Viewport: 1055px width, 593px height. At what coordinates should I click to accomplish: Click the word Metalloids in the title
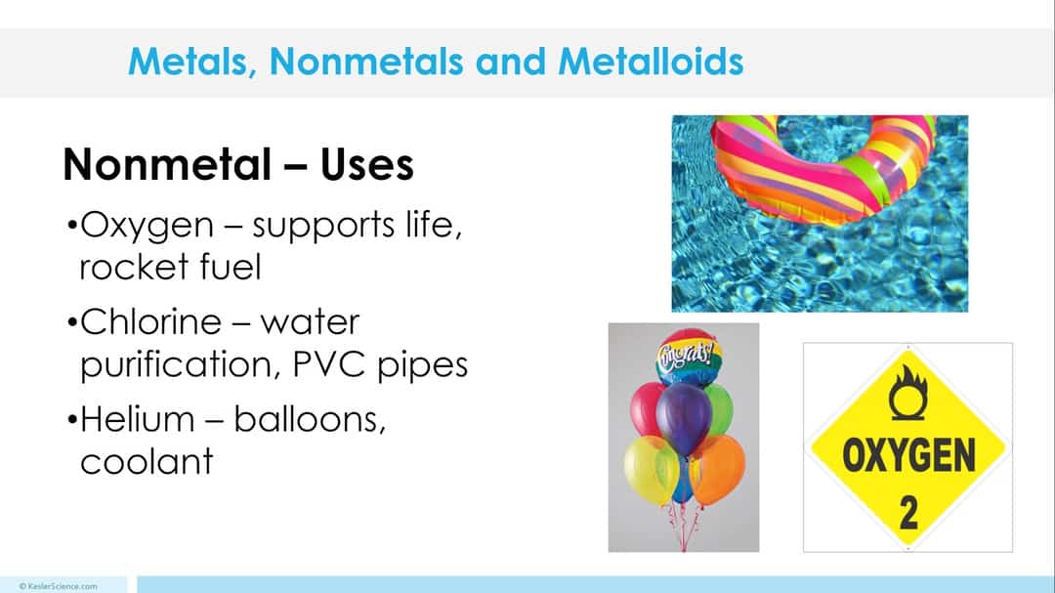pos(651,62)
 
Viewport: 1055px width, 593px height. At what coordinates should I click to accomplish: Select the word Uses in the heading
pos(366,165)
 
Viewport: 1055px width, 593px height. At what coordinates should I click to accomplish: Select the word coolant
pos(147,461)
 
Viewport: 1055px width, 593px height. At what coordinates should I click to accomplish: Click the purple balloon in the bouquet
pos(683,417)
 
